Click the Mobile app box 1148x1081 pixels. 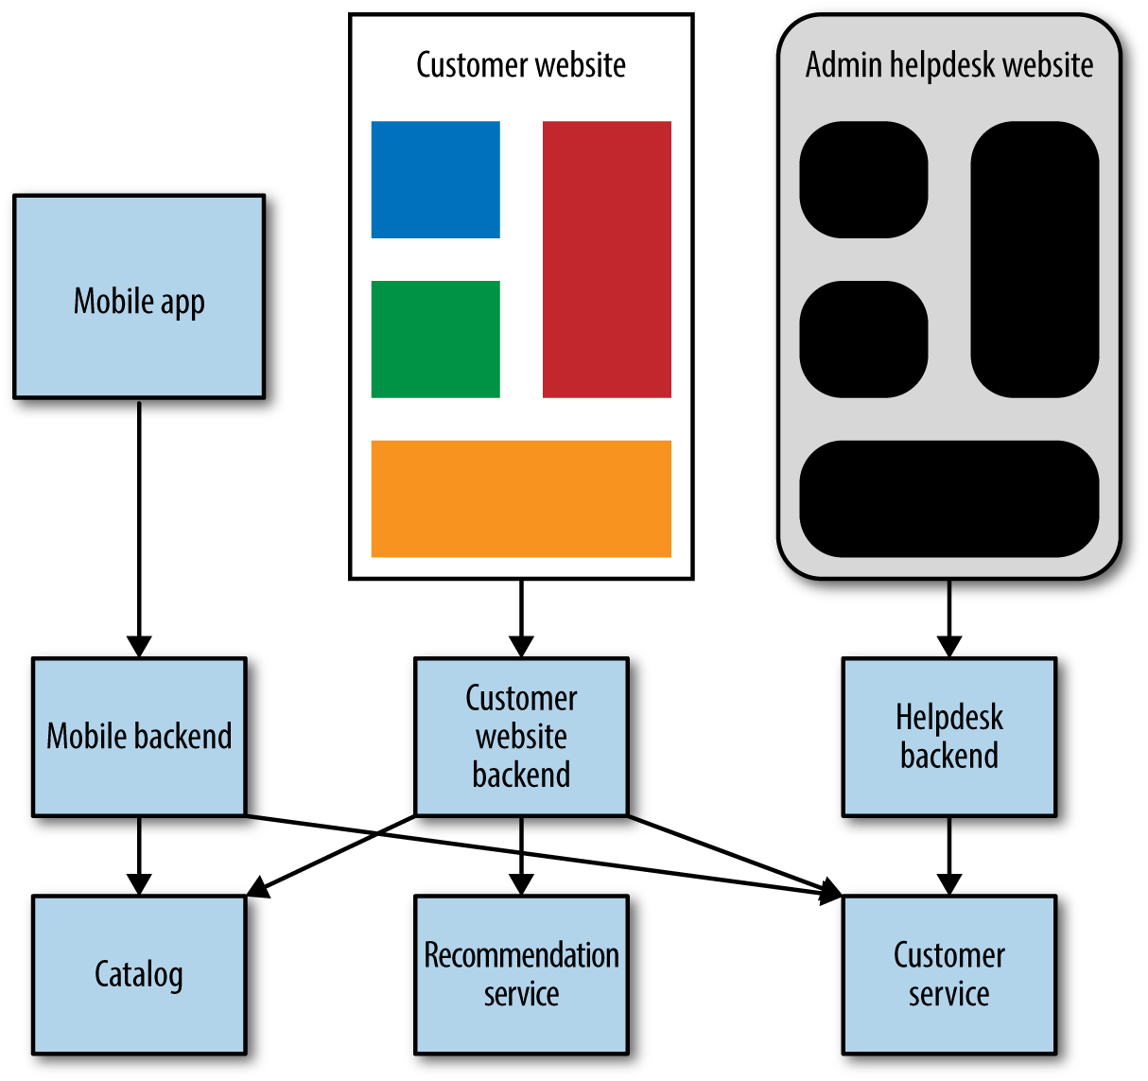point(139,297)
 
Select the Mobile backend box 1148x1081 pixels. point(139,737)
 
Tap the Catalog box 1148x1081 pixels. point(139,974)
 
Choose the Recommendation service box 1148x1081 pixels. point(521,974)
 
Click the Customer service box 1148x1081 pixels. point(948,974)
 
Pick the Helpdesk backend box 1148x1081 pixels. point(948,737)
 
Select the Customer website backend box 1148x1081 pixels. point(521,737)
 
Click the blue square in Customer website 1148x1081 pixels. point(435,180)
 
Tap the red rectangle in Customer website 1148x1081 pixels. point(606,259)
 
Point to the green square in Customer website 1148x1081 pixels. point(435,339)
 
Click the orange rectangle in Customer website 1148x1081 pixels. point(521,498)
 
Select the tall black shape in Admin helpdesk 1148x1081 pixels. point(1035,259)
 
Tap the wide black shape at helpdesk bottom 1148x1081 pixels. point(948,498)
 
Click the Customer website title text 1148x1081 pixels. point(521,65)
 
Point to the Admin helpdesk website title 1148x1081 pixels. point(948,65)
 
